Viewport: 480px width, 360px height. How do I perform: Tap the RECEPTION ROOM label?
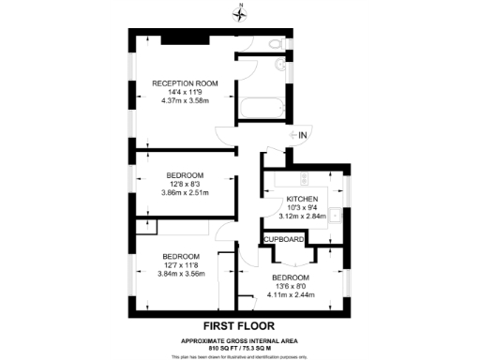coord(185,83)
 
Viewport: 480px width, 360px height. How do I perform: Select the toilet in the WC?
coord(273,45)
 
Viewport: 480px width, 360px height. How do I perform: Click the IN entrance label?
coord(303,136)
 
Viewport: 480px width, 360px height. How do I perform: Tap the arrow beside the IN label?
coord(291,136)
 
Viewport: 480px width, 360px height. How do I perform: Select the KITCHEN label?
coord(303,200)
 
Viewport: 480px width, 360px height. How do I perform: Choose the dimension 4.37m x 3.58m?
coord(185,100)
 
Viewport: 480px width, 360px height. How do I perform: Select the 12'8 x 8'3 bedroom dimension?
coord(185,184)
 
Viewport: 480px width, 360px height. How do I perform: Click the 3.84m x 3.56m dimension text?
coord(180,274)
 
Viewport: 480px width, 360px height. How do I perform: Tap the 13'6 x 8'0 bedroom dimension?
coord(290,287)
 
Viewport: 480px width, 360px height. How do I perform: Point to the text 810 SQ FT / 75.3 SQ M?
coord(241,346)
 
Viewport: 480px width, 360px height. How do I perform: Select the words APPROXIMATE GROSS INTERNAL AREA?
coord(241,338)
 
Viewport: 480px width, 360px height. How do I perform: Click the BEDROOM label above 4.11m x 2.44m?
coord(290,278)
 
